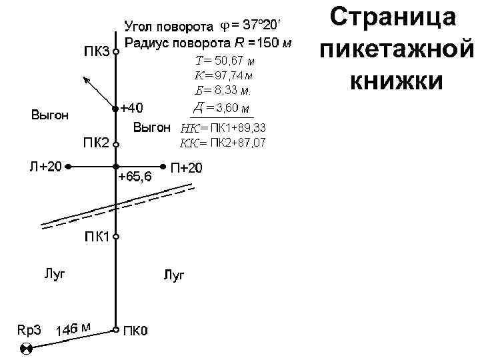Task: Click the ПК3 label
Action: [x=96, y=53]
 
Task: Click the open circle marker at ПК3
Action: [x=115, y=52]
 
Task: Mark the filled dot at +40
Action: [x=115, y=108]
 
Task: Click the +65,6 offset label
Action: [x=135, y=177]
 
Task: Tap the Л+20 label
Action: [x=44, y=166]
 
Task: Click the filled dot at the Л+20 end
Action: [x=69, y=166]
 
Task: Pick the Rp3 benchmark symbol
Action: [x=27, y=349]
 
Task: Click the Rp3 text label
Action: [x=29, y=329]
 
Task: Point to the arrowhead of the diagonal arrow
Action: [x=84, y=79]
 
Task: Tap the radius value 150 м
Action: [x=269, y=44]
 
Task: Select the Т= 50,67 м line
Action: [x=225, y=62]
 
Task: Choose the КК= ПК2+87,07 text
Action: [x=223, y=142]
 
